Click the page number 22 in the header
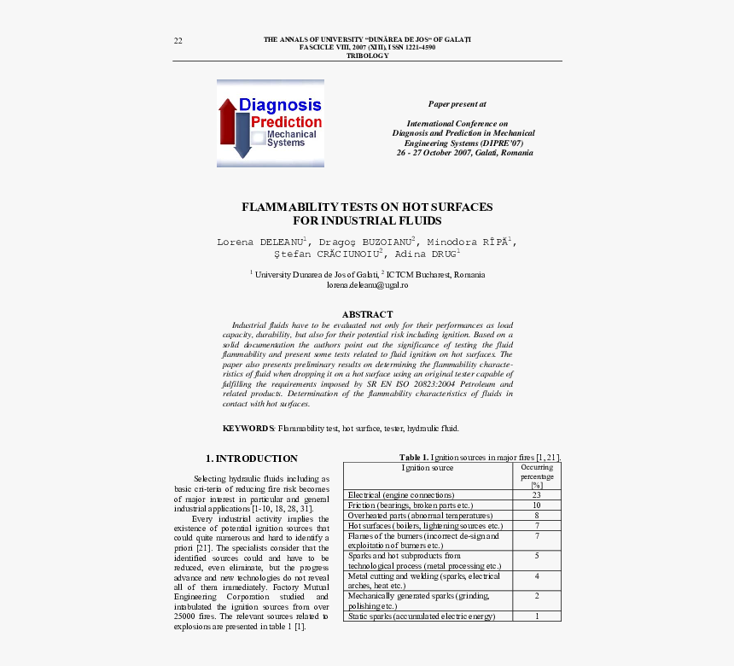click(x=178, y=41)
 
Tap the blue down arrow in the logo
click(x=242, y=137)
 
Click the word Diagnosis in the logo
click(x=280, y=105)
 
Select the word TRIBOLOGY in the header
click(x=367, y=55)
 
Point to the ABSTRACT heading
click(x=367, y=314)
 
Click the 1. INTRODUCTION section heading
click(x=252, y=459)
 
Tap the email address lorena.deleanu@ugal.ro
click(x=367, y=284)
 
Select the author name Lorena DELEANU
click(x=261, y=242)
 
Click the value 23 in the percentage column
click(x=536, y=495)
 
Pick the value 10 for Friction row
click(x=536, y=505)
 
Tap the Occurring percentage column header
click(x=536, y=476)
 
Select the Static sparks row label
click(x=421, y=616)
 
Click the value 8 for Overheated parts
click(x=536, y=516)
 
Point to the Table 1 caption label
click(x=414, y=458)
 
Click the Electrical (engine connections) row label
click(x=401, y=495)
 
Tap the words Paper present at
click(x=457, y=104)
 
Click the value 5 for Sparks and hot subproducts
click(x=536, y=556)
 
